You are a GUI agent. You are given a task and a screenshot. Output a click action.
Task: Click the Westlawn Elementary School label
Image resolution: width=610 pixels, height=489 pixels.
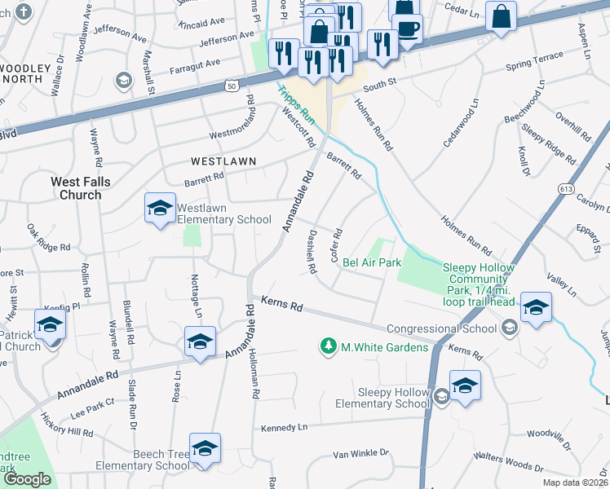tap(224, 214)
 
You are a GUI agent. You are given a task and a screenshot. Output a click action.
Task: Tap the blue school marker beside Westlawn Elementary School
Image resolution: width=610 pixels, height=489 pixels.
tap(160, 209)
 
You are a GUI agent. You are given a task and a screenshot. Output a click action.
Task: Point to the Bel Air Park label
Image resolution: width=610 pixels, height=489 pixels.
tap(372, 262)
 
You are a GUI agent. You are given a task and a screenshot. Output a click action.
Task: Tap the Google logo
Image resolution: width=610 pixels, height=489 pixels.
tap(27, 479)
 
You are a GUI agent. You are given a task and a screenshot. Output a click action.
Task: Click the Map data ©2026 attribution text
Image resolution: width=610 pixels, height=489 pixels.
tap(574, 482)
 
